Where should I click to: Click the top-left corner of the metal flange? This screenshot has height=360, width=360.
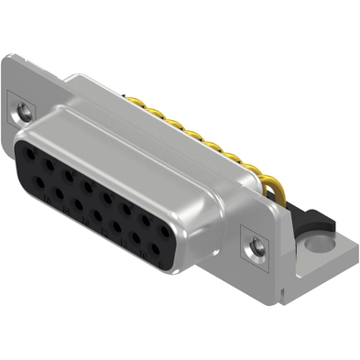[x=11, y=57]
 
